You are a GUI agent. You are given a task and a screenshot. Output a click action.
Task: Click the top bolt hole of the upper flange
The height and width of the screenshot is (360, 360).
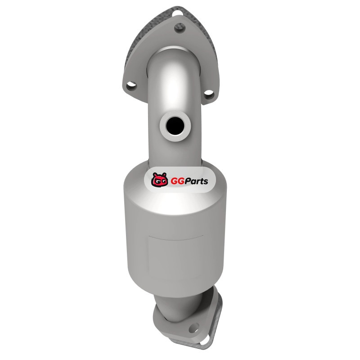[x=180, y=27]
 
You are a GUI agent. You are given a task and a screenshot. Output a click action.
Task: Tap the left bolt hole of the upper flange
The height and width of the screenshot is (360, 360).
[x=131, y=85]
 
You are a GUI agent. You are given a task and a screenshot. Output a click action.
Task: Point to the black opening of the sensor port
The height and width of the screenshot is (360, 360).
[x=175, y=126]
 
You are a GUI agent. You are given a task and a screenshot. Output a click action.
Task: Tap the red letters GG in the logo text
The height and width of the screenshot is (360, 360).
[x=177, y=181]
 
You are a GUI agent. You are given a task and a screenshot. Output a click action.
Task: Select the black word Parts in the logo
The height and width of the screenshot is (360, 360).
[x=196, y=181]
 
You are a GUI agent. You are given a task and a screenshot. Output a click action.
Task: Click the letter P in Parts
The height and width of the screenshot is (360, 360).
[x=188, y=181]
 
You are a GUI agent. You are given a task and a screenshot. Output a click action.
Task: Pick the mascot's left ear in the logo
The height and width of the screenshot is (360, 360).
[x=154, y=175]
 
